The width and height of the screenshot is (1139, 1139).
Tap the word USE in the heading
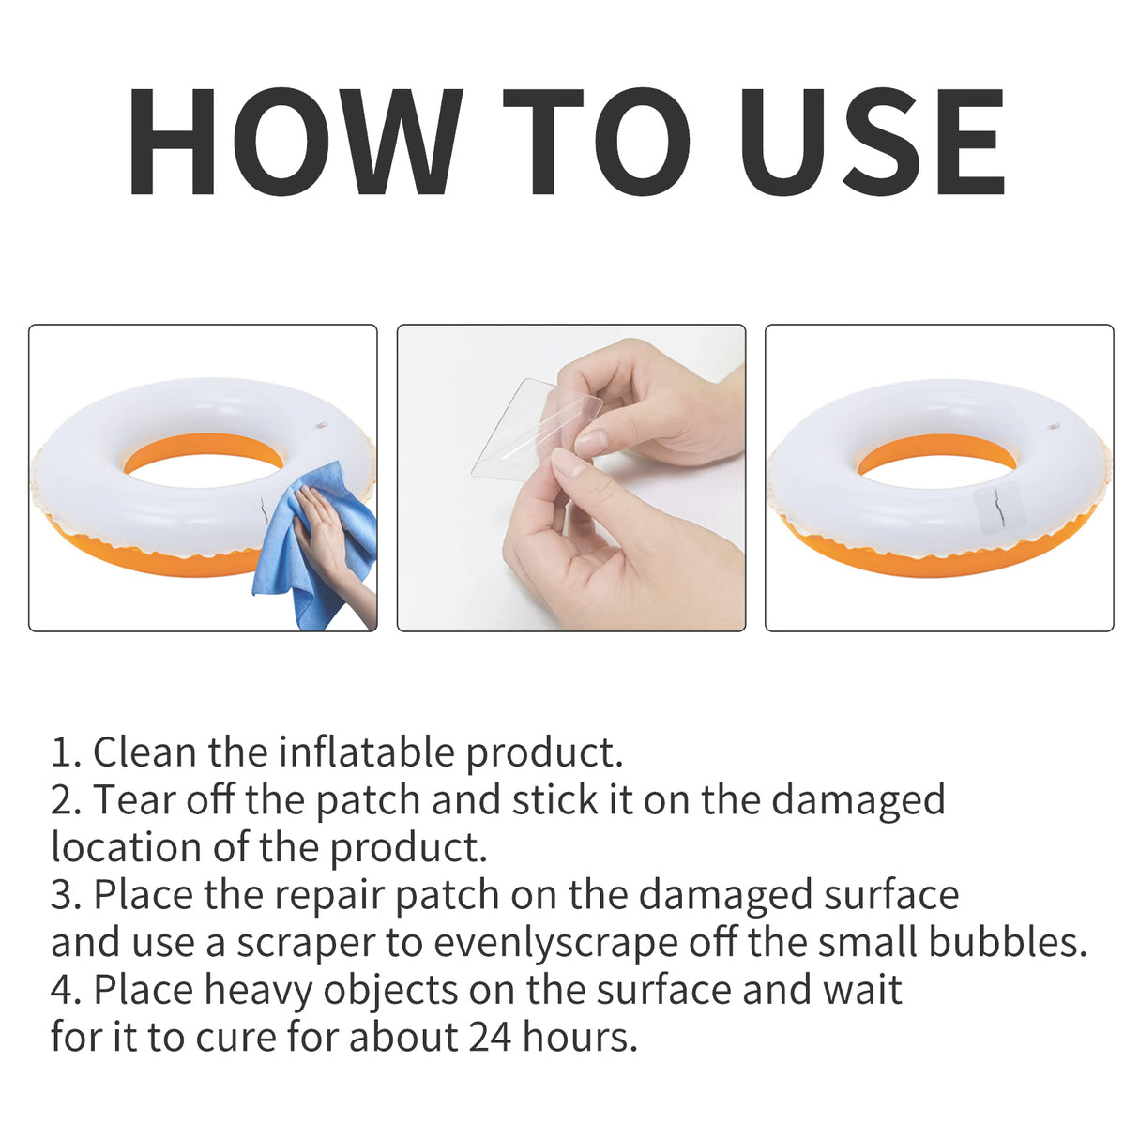pyautogui.click(x=872, y=143)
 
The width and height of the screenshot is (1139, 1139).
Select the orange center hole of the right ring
pyautogui.click(x=936, y=453)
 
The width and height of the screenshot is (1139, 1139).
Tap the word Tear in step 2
pyautogui.click(x=133, y=799)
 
